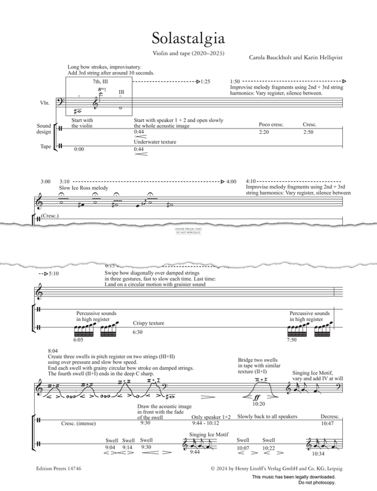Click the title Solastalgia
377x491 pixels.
188,37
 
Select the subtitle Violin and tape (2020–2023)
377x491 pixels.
188,53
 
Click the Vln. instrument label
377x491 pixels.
46,103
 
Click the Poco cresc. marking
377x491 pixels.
272,125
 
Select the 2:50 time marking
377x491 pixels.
308,133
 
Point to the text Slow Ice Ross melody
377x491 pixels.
83,188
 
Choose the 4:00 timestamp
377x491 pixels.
232,181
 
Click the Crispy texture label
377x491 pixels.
148,323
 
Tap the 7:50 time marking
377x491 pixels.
292,340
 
